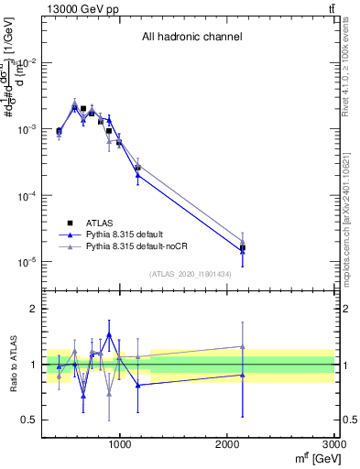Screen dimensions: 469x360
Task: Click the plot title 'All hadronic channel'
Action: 191,38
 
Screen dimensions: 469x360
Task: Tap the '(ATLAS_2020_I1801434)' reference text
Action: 191,274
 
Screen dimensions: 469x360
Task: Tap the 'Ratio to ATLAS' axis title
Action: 12,365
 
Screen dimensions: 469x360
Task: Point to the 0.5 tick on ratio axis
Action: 28,420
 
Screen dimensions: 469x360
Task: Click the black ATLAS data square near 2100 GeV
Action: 243,248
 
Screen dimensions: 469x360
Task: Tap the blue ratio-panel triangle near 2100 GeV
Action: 243,375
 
